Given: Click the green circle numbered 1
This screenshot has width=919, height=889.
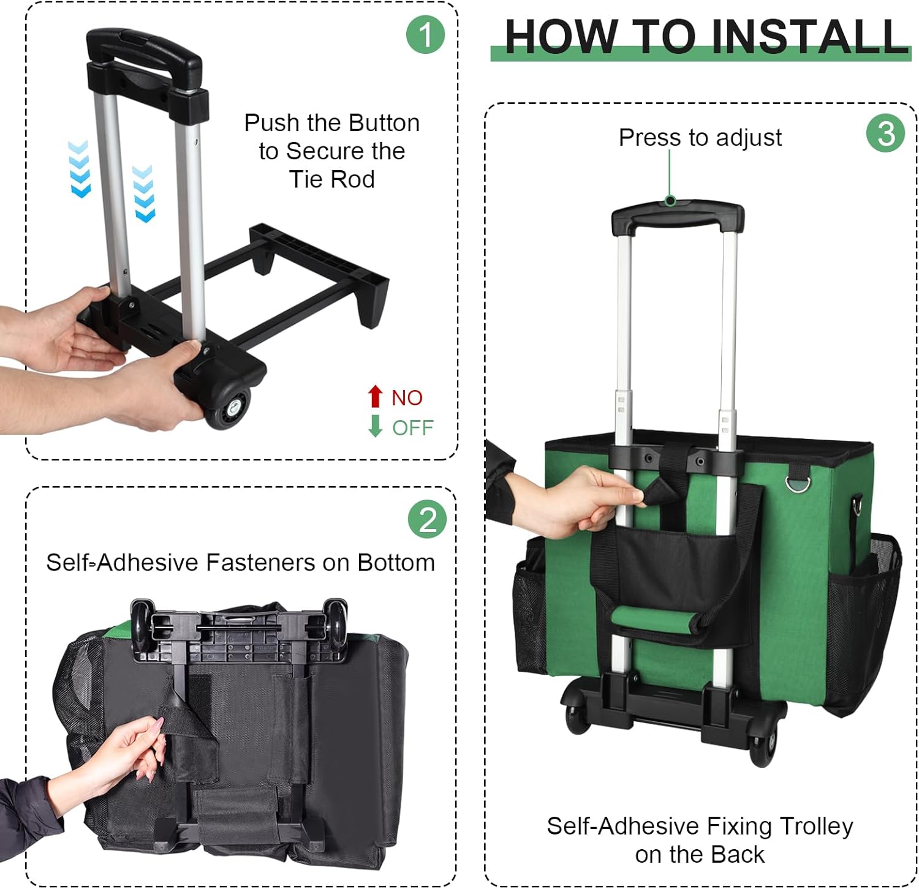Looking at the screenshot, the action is [x=425, y=34].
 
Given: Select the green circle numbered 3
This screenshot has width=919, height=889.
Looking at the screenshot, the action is [x=885, y=133].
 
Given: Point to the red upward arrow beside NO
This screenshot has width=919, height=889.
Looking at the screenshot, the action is [x=376, y=396].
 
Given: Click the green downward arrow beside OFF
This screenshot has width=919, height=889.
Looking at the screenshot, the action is [x=376, y=426].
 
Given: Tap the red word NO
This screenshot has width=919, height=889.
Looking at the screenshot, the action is [x=407, y=398].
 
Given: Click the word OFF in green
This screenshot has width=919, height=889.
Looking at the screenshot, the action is [x=413, y=427].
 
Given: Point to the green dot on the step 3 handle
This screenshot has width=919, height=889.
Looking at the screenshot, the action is [x=670, y=201].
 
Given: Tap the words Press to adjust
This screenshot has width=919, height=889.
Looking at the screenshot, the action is [x=700, y=138].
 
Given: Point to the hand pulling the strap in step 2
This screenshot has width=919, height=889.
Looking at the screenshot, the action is [x=123, y=753].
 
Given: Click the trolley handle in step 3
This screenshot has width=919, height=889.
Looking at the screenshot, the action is [x=678, y=217].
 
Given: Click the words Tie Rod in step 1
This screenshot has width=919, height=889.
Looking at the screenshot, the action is [x=331, y=179].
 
